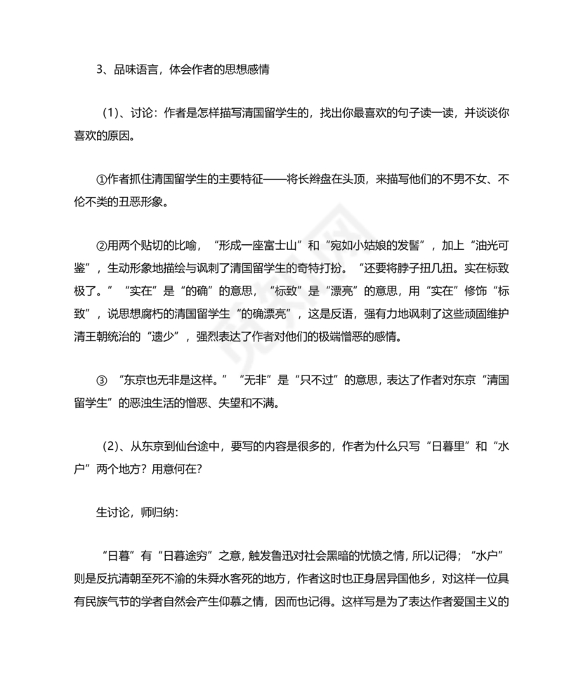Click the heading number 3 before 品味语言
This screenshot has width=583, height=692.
pyautogui.click(x=98, y=70)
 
